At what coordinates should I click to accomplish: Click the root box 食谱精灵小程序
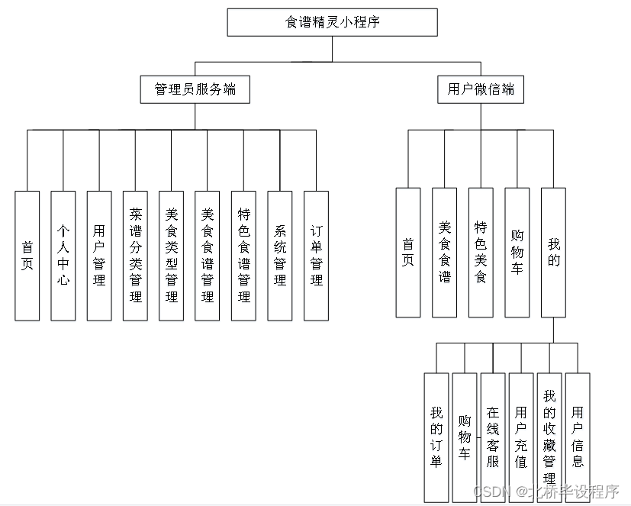pyautogui.click(x=332, y=22)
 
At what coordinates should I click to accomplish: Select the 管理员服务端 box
pyautogui.click(x=195, y=89)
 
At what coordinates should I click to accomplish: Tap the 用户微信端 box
pyautogui.click(x=481, y=89)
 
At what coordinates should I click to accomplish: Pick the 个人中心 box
pyautogui.click(x=63, y=255)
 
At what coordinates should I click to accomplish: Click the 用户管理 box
pyautogui.click(x=99, y=255)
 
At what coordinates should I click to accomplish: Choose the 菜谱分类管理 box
pyautogui.click(x=135, y=255)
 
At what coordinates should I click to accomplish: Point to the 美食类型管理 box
pyautogui.click(x=171, y=255)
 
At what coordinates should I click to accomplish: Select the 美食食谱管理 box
pyautogui.click(x=207, y=255)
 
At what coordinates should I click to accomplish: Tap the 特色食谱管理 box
pyautogui.click(x=243, y=255)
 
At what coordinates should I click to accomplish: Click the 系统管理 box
pyautogui.click(x=280, y=255)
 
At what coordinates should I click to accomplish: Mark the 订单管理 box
pyautogui.click(x=316, y=255)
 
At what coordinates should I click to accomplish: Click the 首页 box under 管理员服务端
pyautogui.click(x=27, y=255)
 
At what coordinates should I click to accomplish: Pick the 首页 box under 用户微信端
pyautogui.click(x=408, y=252)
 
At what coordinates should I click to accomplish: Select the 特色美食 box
pyautogui.click(x=481, y=252)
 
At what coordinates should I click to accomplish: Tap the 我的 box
pyautogui.click(x=553, y=252)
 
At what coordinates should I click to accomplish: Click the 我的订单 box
pyautogui.click(x=436, y=437)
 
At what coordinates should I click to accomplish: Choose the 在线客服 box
pyautogui.click(x=493, y=437)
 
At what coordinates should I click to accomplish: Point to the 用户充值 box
pyautogui.click(x=521, y=437)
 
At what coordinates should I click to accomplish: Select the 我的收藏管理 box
pyautogui.click(x=549, y=437)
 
